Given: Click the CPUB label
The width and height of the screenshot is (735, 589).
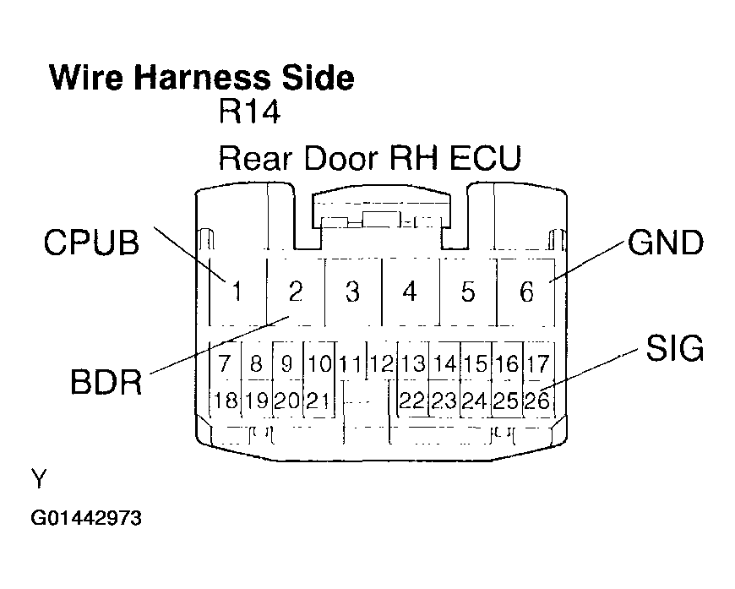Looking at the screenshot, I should tap(90, 243).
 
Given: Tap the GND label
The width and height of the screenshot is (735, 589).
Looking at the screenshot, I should tap(665, 243).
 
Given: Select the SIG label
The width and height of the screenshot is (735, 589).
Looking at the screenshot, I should tap(675, 348).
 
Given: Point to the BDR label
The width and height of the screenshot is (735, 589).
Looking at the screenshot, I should tap(105, 382).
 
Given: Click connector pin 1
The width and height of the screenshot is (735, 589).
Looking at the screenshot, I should tap(237, 292).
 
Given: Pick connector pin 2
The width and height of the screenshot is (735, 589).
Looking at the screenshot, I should tap(295, 292).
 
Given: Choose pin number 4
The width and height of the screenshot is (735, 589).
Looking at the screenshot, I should tap(410, 292).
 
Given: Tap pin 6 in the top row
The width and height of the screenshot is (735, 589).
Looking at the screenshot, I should tap(526, 292).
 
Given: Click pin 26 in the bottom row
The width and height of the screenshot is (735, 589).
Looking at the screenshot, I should tap(537, 401).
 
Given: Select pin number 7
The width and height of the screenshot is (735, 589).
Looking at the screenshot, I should tap(225, 365).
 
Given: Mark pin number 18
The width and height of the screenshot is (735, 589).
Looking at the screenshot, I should tap(226, 401).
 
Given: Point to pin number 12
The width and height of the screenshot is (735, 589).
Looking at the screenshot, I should tap(383, 365).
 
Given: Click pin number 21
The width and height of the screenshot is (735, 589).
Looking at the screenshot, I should tap(318, 401).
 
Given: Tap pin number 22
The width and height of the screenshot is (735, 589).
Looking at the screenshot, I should tap(412, 401).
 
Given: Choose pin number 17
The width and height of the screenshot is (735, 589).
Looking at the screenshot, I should tap(537, 365).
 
